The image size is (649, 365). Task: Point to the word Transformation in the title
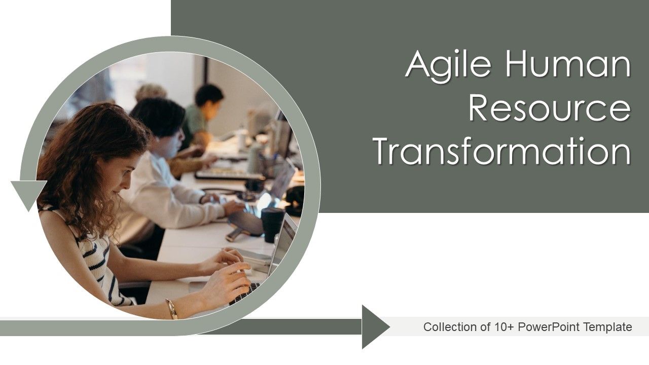[502, 151]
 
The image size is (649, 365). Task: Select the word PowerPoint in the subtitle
[550, 327]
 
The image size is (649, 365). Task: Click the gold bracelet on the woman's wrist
[171, 308]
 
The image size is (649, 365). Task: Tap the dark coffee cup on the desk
[272, 223]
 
